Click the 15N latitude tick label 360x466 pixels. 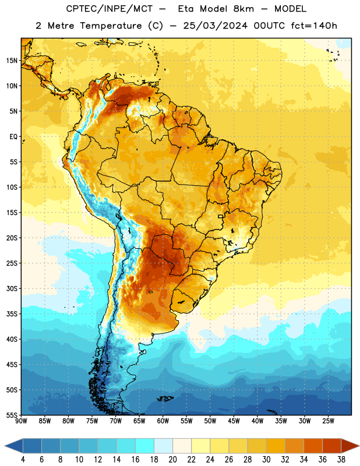point(12,61)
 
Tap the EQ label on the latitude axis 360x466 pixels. point(13,137)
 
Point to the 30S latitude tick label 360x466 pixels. point(12,288)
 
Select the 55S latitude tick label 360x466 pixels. point(12,415)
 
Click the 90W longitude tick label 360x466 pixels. point(21,421)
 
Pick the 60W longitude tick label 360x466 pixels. point(163,421)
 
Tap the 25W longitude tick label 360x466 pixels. point(328,421)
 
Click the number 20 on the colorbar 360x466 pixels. point(172,460)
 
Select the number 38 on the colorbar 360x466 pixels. point(341,460)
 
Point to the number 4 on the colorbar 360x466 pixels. point(23,460)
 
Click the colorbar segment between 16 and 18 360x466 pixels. point(144,446)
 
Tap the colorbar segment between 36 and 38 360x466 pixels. point(332,446)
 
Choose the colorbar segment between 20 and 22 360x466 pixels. point(182,446)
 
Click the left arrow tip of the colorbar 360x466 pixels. point(5,446)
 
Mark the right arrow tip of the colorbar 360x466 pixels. point(359,446)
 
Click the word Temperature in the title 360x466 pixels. point(111,26)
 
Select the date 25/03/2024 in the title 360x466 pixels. point(215,26)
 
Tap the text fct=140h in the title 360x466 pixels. point(314,26)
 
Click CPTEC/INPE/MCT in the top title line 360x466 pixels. point(110,9)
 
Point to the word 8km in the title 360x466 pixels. point(243,9)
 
